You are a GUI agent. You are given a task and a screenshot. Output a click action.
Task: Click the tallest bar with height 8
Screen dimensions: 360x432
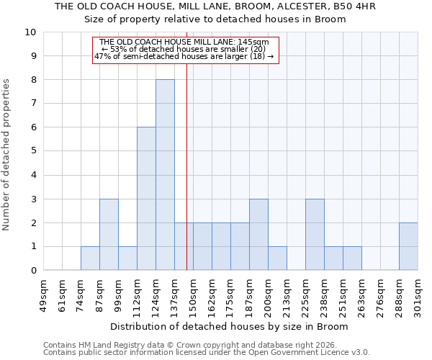click(x=165, y=175)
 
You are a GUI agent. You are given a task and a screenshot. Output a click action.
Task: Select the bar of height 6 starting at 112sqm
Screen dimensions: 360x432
click(x=146, y=199)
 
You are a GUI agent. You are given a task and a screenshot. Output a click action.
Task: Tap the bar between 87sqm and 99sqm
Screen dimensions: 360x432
click(x=109, y=235)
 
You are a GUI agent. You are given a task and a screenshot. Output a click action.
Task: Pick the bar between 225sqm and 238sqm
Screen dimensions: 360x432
click(x=315, y=235)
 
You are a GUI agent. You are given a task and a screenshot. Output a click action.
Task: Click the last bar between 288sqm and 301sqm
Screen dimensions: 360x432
click(x=408, y=247)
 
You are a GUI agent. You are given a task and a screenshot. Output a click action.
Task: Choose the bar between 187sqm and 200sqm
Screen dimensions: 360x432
click(x=258, y=235)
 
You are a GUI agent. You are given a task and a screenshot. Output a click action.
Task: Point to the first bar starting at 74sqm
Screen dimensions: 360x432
click(x=90, y=258)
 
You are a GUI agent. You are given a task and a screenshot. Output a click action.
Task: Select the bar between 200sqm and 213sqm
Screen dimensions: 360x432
click(x=277, y=258)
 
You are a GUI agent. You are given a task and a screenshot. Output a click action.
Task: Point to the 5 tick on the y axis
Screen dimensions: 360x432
click(x=33, y=151)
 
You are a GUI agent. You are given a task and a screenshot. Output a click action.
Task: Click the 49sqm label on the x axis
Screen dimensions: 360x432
click(x=44, y=294)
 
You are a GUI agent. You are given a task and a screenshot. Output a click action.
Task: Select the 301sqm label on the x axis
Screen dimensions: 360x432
click(x=418, y=294)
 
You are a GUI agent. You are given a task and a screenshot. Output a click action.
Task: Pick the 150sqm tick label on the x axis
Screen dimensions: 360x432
click(x=194, y=294)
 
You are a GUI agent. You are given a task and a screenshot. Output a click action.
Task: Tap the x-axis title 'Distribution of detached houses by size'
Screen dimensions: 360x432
click(x=230, y=326)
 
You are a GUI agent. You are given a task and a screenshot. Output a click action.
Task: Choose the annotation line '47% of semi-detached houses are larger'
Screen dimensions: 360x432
click(x=184, y=56)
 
